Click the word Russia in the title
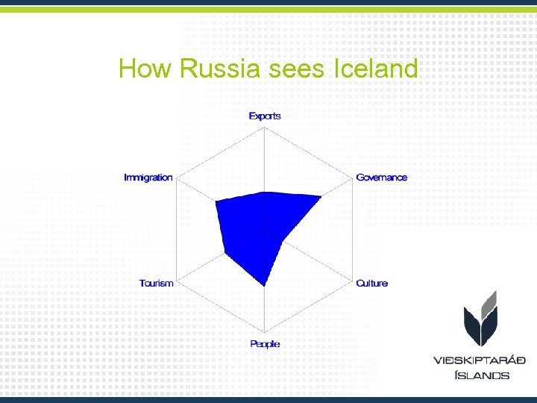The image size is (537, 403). tap(219, 69)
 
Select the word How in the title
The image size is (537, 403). tap(145, 69)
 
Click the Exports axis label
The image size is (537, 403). tap(265, 116)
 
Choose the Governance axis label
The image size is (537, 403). tap(382, 178)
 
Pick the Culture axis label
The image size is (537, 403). tap(372, 284)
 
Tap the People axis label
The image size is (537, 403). tap(265, 344)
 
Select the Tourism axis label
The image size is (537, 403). tap(156, 284)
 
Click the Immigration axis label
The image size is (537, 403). tap(148, 178)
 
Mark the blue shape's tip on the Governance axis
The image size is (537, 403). tap(321, 197)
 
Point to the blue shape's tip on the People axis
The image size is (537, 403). tap(266, 286)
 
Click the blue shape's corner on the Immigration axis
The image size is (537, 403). tap(216, 201)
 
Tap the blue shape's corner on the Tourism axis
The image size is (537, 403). tap(225, 254)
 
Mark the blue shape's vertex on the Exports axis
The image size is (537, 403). tap(266, 192)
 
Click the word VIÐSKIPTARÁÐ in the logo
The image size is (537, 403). tap(480, 360)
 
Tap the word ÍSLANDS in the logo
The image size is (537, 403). tap(482, 375)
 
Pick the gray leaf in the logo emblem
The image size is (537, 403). tap(489, 302)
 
